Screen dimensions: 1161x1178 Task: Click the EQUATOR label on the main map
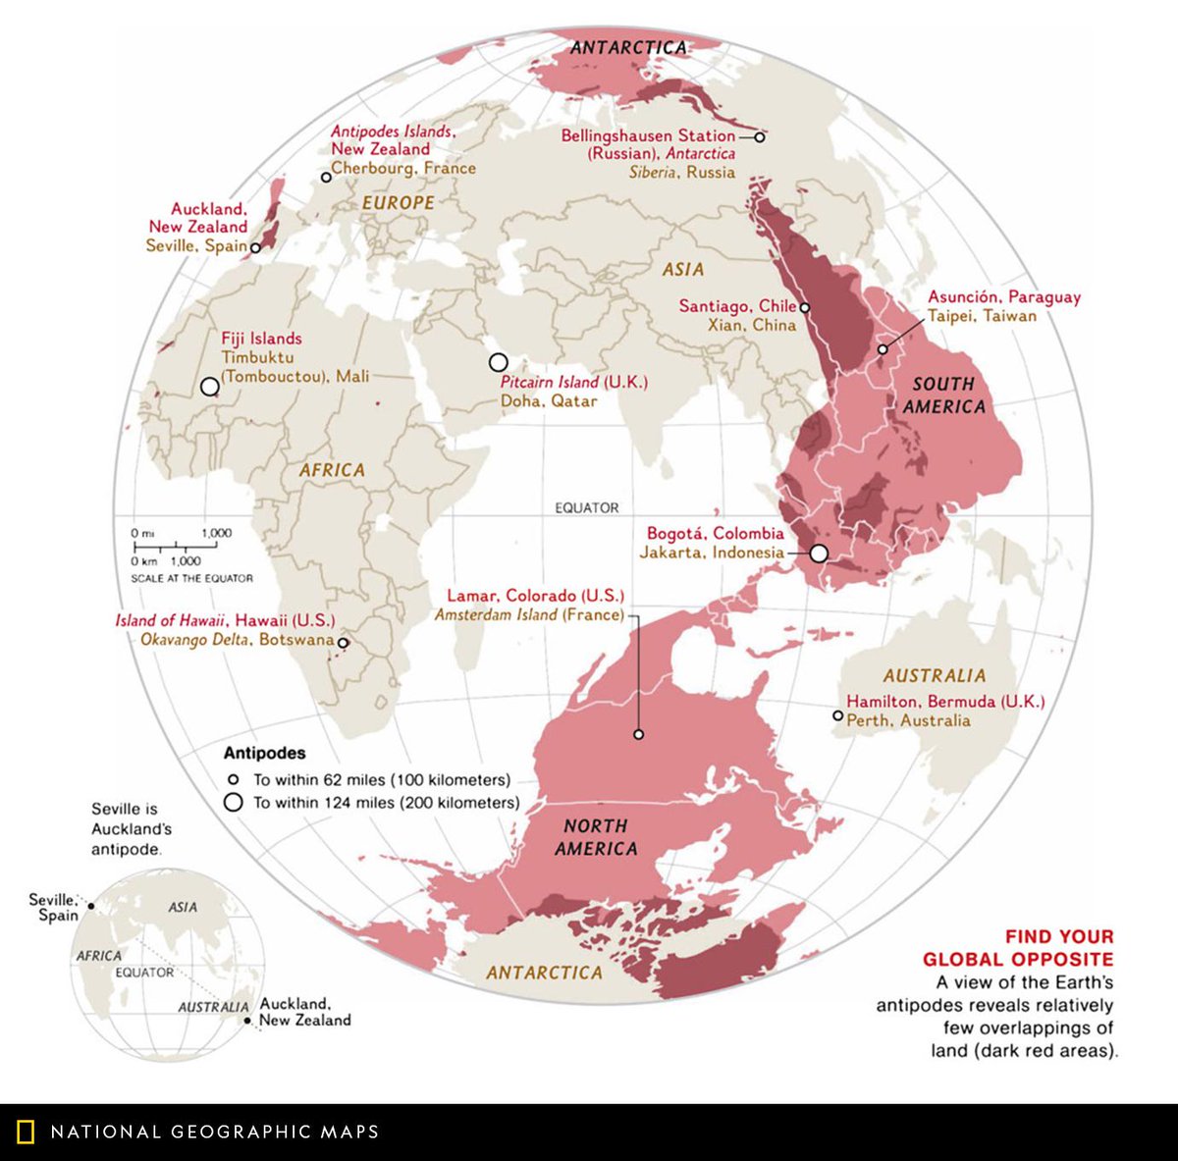pyautogui.click(x=587, y=507)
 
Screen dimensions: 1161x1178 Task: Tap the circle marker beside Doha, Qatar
pyautogui.click(x=499, y=363)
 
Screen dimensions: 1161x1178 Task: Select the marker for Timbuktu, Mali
pyautogui.click(x=209, y=387)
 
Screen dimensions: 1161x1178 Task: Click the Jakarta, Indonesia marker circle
pyautogui.click(x=819, y=554)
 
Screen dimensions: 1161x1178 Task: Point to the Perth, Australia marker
pyautogui.click(x=837, y=715)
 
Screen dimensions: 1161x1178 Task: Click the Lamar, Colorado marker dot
pyautogui.click(x=639, y=734)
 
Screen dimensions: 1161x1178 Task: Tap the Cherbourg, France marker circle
pyautogui.click(x=326, y=178)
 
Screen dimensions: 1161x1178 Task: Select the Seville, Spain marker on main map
pyautogui.click(x=256, y=248)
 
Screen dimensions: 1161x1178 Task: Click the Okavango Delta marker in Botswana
pyautogui.click(x=343, y=643)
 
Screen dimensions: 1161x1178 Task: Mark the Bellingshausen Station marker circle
pyautogui.click(x=759, y=137)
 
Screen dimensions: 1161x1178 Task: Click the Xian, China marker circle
pyautogui.click(x=805, y=307)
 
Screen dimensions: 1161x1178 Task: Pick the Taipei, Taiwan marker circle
pyautogui.click(x=883, y=349)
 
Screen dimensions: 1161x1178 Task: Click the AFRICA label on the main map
pyautogui.click(x=332, y=470)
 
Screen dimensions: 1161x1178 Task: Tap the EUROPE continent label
pyautogui.click(x=398, y=203)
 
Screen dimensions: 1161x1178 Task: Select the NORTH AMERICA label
pyautogui.click(x=596, y=837)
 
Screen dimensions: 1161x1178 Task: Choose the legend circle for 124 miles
pyautogui.click(x=233, y=803)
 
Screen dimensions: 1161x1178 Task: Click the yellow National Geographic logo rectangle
pyautogui.click(x=26, y=1132)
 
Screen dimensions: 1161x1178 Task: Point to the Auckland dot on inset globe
pyautogui.click(x=245, y=1019)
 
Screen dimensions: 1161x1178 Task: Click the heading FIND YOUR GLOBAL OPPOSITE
pyautogui.click(x=1018, y=948)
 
